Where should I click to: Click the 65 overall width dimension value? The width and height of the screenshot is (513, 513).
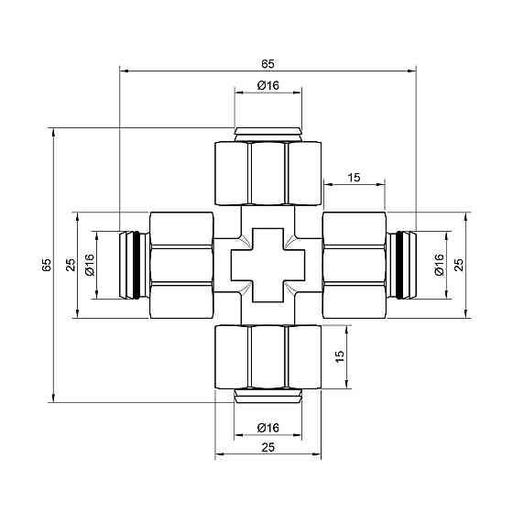click(267, 63)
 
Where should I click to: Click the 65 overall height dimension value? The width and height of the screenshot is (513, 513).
click(46, 266)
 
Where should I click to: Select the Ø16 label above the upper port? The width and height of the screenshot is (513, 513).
click(267, 85)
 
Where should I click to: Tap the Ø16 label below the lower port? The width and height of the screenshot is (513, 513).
click(267, 428)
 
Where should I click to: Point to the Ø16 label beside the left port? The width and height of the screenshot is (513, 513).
click(90, 265)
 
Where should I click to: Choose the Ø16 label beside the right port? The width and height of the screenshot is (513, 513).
click(439, 265)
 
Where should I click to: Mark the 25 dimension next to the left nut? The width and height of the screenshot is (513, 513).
click(69, 265)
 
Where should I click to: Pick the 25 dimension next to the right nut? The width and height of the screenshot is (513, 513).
click(460, 265)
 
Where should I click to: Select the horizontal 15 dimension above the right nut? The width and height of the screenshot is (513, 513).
click(353, 178)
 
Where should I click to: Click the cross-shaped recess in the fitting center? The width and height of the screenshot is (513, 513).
click(267, 266)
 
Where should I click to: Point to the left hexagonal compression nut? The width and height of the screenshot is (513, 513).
click(180, 265)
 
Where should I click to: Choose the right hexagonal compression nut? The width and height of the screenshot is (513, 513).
click(353, 265)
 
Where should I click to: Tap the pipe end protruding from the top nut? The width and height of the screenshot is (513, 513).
click(267, 135)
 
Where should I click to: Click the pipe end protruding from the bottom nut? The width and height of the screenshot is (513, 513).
click(267, 396)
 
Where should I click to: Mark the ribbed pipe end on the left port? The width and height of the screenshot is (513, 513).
click(132, 265)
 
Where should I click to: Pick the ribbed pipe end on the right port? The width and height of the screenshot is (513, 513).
click(400, 265)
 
